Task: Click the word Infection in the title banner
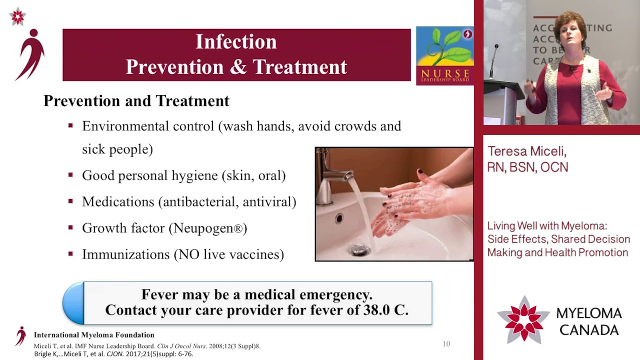point(236,42)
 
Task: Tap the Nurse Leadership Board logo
point(444,56)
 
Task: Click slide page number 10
point(446,344)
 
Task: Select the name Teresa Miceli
point(526,151)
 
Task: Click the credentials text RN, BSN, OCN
point(527,167)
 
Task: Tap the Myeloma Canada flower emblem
point(523,320)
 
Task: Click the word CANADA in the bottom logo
point(589,330)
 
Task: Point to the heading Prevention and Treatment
point(136,101)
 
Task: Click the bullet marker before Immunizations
point(70,253)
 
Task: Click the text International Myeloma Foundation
point(94,335)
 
